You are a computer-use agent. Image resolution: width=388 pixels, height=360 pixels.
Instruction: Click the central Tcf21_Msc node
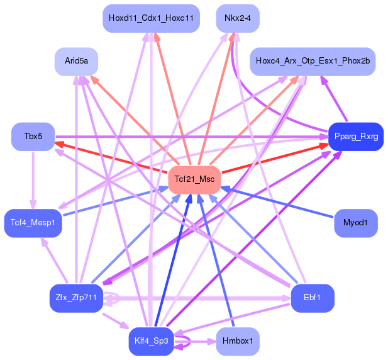pyautogui.click(x=194, y=180)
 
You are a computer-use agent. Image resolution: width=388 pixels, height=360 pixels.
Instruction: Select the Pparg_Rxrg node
pyautogui.click(x=356, y=137)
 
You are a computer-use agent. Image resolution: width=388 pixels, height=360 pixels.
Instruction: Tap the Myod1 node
pyautogui.click(x=356, y=223)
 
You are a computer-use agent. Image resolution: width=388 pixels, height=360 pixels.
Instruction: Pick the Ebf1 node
pyautogui.click(x=312, y=298)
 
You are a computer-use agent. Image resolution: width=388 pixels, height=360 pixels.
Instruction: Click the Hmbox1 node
pyautogui.click(x=237, y=341)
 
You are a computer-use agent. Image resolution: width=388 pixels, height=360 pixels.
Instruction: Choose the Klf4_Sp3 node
pyautogui.click(x=151, y=341)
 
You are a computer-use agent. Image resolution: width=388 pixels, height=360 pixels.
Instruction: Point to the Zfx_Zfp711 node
pyautogui.click(x=76, y=298)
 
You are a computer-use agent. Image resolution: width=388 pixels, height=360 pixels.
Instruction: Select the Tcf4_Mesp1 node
pyautogui.click(x=33, y=223)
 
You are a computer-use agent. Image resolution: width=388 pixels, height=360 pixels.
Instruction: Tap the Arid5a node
pyautogui.click(x=76, y=61)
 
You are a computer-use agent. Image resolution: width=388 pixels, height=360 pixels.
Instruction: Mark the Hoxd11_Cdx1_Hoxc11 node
pyautogui.click(x=151, y=18)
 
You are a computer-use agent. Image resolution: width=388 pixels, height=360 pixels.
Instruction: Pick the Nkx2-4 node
pyautogui.click(x=237, y=18)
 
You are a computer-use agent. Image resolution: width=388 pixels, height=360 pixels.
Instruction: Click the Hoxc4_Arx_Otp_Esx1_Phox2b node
pyautogui.click(x=313, y=61)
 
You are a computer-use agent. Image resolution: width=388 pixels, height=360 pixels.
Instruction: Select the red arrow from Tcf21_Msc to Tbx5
pyautogui.click(x=113, y=158)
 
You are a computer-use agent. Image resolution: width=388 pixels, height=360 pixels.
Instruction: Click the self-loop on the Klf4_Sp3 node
pyautogui.click(x=184, y=342)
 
